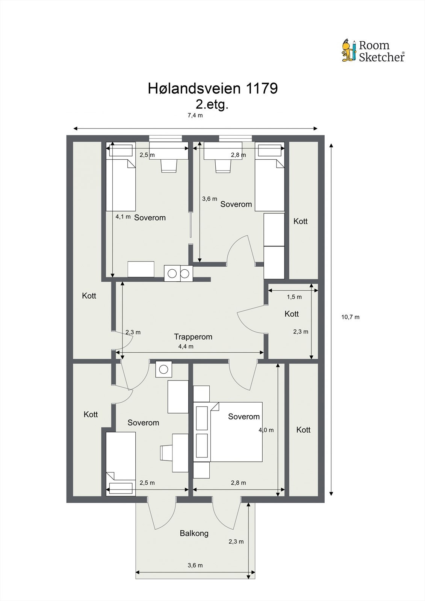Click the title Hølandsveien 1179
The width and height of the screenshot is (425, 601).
(213, 88)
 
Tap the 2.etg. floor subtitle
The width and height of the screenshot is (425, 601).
(212, 105)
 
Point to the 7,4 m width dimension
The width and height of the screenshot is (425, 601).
(195, 116)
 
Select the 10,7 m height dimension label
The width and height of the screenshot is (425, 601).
(350, 317)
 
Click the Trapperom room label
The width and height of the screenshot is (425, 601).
(193, 337)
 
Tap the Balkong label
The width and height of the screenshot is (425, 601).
(194, 533)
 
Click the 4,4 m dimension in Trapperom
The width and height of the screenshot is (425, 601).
(186, 346)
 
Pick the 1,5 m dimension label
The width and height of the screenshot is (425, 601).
(294, 297)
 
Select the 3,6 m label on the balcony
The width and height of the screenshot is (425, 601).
(195, 565)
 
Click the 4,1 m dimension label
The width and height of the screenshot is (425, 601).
(123, 217)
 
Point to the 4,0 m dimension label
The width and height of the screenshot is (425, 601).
(266, 430)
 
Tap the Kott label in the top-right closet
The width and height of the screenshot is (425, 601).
(300, 221)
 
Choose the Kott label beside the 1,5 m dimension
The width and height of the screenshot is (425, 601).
(292, 314)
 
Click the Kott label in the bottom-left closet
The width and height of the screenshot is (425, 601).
(91, 415)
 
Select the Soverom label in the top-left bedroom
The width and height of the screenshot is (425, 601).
(150, 217)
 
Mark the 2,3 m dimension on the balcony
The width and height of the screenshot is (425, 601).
(236, 542)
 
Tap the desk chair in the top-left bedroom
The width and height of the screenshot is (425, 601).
(169, 166)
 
